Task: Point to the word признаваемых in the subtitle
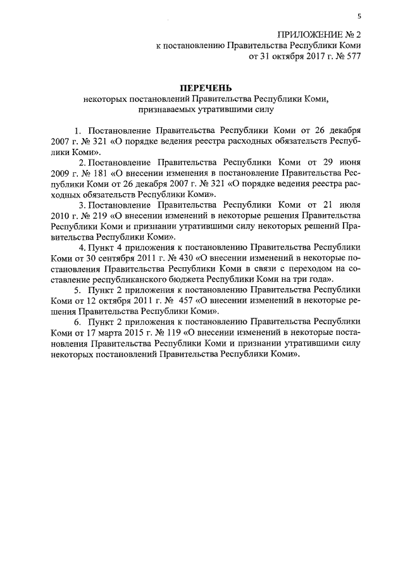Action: click(x=173, y=110)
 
